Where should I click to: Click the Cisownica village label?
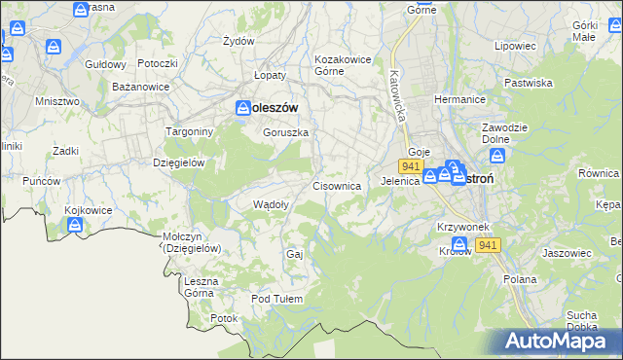pyautogui.click(x=338, y=185)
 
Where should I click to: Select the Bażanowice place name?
pyautogui.click(x=141, y=87)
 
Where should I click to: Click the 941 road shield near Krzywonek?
pyautogui.click(x=489, y=246)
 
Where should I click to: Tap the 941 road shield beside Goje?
pyautogui.click(x=408, y=167)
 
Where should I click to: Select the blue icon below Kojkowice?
pyautogui.click(x=75, y=227)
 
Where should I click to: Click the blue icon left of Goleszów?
pyautogui.click(x=242, y=109)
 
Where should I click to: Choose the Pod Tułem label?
pyautogui.click(x=277, y=299)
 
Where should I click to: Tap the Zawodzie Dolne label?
pyautogui.click(x=504, y=133)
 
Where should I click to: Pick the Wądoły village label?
pyautogui.click(x=270, y=204)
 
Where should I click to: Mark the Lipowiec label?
pyautogui.click(x=515, y=46)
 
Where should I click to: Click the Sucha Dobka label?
pyautogui.click(x=581, y=320)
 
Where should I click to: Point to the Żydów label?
pyautogui.click(x=238, y=41)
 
